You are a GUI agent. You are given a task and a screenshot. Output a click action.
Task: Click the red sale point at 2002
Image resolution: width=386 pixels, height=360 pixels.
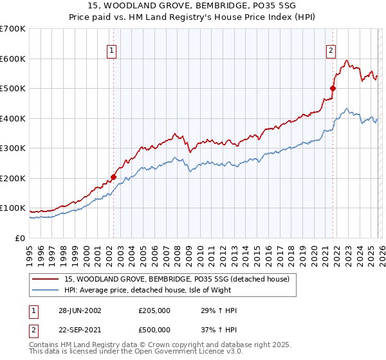(x=113, y=177)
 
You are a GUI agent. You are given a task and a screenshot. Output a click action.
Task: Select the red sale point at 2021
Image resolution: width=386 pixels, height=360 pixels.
(x=333, y=89)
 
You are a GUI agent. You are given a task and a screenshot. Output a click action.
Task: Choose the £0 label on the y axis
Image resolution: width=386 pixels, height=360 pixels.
(x=19, y=239)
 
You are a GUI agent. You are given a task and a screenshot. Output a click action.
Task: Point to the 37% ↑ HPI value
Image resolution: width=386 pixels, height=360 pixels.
(x=219, y=330)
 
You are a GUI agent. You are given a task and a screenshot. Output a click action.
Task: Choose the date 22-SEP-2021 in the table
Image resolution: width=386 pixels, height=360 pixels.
(x=79, y=330)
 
